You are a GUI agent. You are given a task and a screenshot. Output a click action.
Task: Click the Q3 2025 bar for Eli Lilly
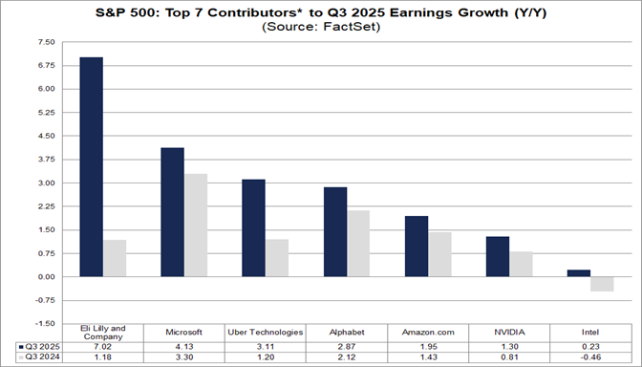(x=91, y=167)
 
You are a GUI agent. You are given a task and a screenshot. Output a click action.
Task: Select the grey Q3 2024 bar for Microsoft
(x=196, y=226)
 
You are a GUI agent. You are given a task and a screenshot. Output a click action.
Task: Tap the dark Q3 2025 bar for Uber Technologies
(x=253, y=228)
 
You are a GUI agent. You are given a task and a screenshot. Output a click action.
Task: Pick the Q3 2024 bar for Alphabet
(x=359, y=244)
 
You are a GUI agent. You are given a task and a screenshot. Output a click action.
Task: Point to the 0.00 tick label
(x=44, y=277)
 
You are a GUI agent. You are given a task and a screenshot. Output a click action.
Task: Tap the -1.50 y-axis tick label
(x=43, y=324)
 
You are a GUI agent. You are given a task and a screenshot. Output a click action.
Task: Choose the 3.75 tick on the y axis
(x=44, y=160)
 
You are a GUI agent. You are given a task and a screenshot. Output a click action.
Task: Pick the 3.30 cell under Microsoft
(x=184, y=356)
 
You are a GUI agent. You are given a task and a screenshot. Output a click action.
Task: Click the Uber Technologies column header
(x=266, y=332)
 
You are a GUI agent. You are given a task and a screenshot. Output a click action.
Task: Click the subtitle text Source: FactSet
(x=320, y=28)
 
